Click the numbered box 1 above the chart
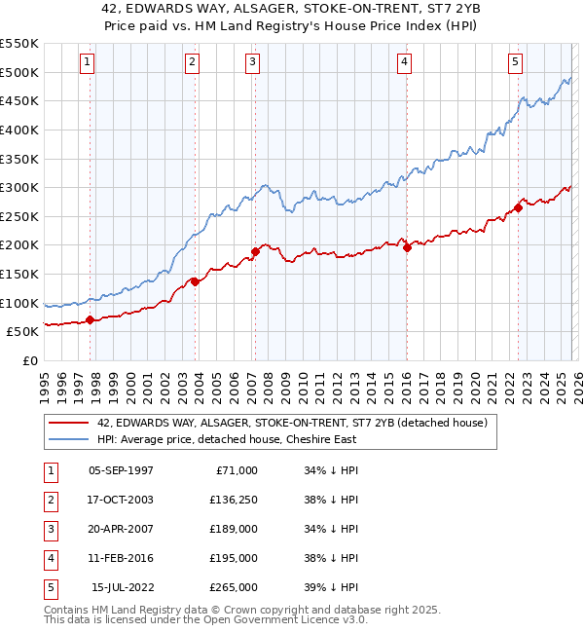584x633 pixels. coord(88,62)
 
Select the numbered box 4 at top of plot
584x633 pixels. coord(403,62)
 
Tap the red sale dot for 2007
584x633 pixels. coord(256,251)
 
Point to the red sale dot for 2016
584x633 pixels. coord(407,247)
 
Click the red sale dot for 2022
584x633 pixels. coord(519,206)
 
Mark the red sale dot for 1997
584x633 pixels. coord(90,319)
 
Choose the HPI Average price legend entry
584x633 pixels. coord(227,439)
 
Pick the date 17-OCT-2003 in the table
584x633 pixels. coord(121,500)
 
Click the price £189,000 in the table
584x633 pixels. coord(234,529)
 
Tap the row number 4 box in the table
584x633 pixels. coord(50,558)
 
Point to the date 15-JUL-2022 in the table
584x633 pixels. coord(122,587)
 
